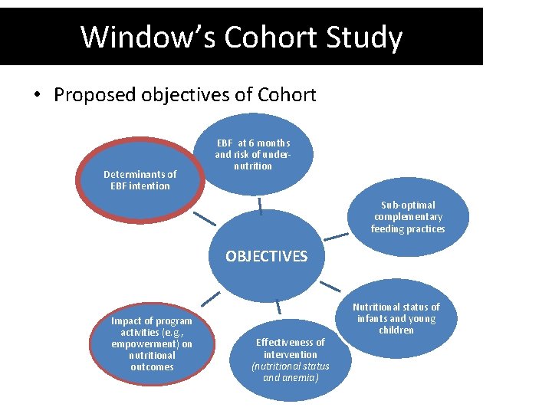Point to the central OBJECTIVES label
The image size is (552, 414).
pos(266,256)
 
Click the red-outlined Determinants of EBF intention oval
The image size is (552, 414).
pos(140,179)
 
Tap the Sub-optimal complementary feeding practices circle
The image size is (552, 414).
pos(407,217)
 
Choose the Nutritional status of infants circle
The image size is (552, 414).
pos(396,318)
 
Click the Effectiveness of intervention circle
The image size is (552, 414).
pos(290,360)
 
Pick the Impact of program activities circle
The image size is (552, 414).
pos(152,343)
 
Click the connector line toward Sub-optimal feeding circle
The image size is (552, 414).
pos(330,227)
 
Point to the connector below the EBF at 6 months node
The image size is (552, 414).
pos(261,205)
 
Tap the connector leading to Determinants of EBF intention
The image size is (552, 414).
pos(205,219)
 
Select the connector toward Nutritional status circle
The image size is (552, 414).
pos(330,286)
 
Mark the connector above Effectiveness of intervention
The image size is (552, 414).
pos(278,306)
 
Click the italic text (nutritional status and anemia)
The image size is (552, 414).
pos(290,371)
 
